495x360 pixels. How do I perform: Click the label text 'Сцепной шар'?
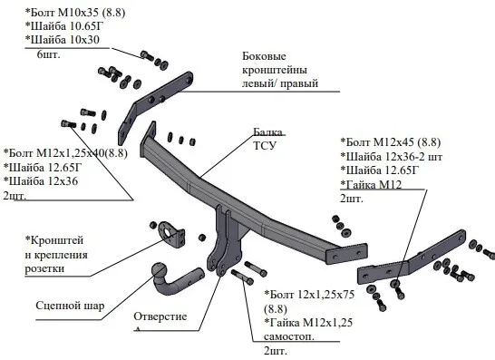(70, 306)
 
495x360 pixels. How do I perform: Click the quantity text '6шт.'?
(48, 54)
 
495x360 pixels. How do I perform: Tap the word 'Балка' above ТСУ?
(267, 132)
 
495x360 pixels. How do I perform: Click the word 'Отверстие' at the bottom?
(160, 316)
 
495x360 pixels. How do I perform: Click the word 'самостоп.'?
(289, 336)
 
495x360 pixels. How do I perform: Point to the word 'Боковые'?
(264, 56)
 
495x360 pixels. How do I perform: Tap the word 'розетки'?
(44, 268)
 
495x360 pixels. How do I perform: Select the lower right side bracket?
(411, 260)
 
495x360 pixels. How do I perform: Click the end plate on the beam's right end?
(346, 253)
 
